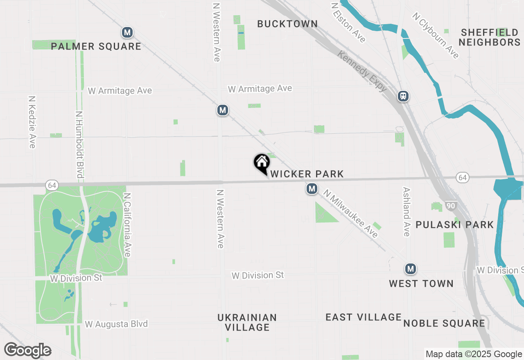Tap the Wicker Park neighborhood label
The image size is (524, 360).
(x=307, y=174)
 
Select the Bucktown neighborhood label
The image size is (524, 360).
(x=287, y=24)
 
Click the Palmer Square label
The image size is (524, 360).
(x=96, y=47)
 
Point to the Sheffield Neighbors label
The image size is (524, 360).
(x=490, y=37)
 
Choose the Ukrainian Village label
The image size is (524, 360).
(x=247, y=322)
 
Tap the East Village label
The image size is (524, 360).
(x=364, y=317)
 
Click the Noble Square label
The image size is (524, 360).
(x=444, y=323)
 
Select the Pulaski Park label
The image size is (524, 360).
(x=455, y=225)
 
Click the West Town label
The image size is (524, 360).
(x=421, y=283)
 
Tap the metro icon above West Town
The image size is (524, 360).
(x=411, y=269)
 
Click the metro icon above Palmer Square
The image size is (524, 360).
(x=127, y=32)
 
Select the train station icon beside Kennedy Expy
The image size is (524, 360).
(x=403, y=97)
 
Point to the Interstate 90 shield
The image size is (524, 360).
(x=450, y=206)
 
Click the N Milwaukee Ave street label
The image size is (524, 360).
(x=351, y=214)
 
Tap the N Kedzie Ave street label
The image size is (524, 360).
(x=32, y=122)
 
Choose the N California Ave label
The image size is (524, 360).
(x=127, y=225)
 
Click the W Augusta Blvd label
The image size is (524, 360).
(x=116, y=324)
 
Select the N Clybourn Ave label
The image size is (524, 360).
(x=436, y=35)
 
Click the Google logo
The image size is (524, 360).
(x=28, y=350)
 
